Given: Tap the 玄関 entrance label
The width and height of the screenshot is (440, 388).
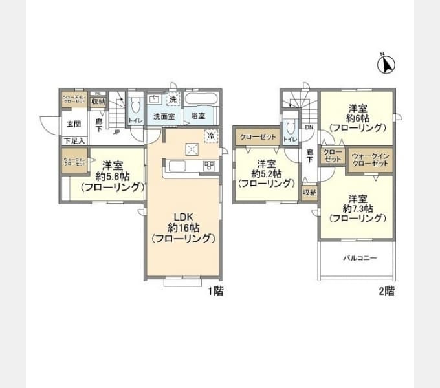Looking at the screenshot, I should pyautogui.click(x=72, y=124).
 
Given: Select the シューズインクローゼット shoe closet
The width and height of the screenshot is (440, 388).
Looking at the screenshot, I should pyautogui.click(x=73, y=100).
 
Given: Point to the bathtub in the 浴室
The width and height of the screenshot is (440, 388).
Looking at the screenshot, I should pyautogui.click(x=203, y=101).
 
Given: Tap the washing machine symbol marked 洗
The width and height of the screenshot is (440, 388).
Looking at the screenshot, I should pyautogui.click(x=171, y=100).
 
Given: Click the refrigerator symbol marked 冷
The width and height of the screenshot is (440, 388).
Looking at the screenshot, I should pyautogui.click(x=210, y=135).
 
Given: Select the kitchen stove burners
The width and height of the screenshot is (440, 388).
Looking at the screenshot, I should pyautogui.click(x=210, y=165).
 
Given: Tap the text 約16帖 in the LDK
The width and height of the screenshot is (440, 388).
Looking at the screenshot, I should pyautogui.click(x=183, y=228).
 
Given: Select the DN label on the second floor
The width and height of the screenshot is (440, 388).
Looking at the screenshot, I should pyautogui.click(x=309, y=127).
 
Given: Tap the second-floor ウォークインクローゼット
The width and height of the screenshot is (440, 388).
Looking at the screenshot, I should pyautogui.click(x=371, y=160).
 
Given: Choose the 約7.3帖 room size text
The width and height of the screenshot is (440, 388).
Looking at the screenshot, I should pyautogui.click(x=358, y=208).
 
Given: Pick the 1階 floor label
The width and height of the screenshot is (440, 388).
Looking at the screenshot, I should pyautogui.click(x=215, y=292).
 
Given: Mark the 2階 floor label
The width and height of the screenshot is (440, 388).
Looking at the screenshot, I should pyautogui.click(x=386, y=292).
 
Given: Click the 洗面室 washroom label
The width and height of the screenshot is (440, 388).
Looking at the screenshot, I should pyautogui.click(x=163, y=116).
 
